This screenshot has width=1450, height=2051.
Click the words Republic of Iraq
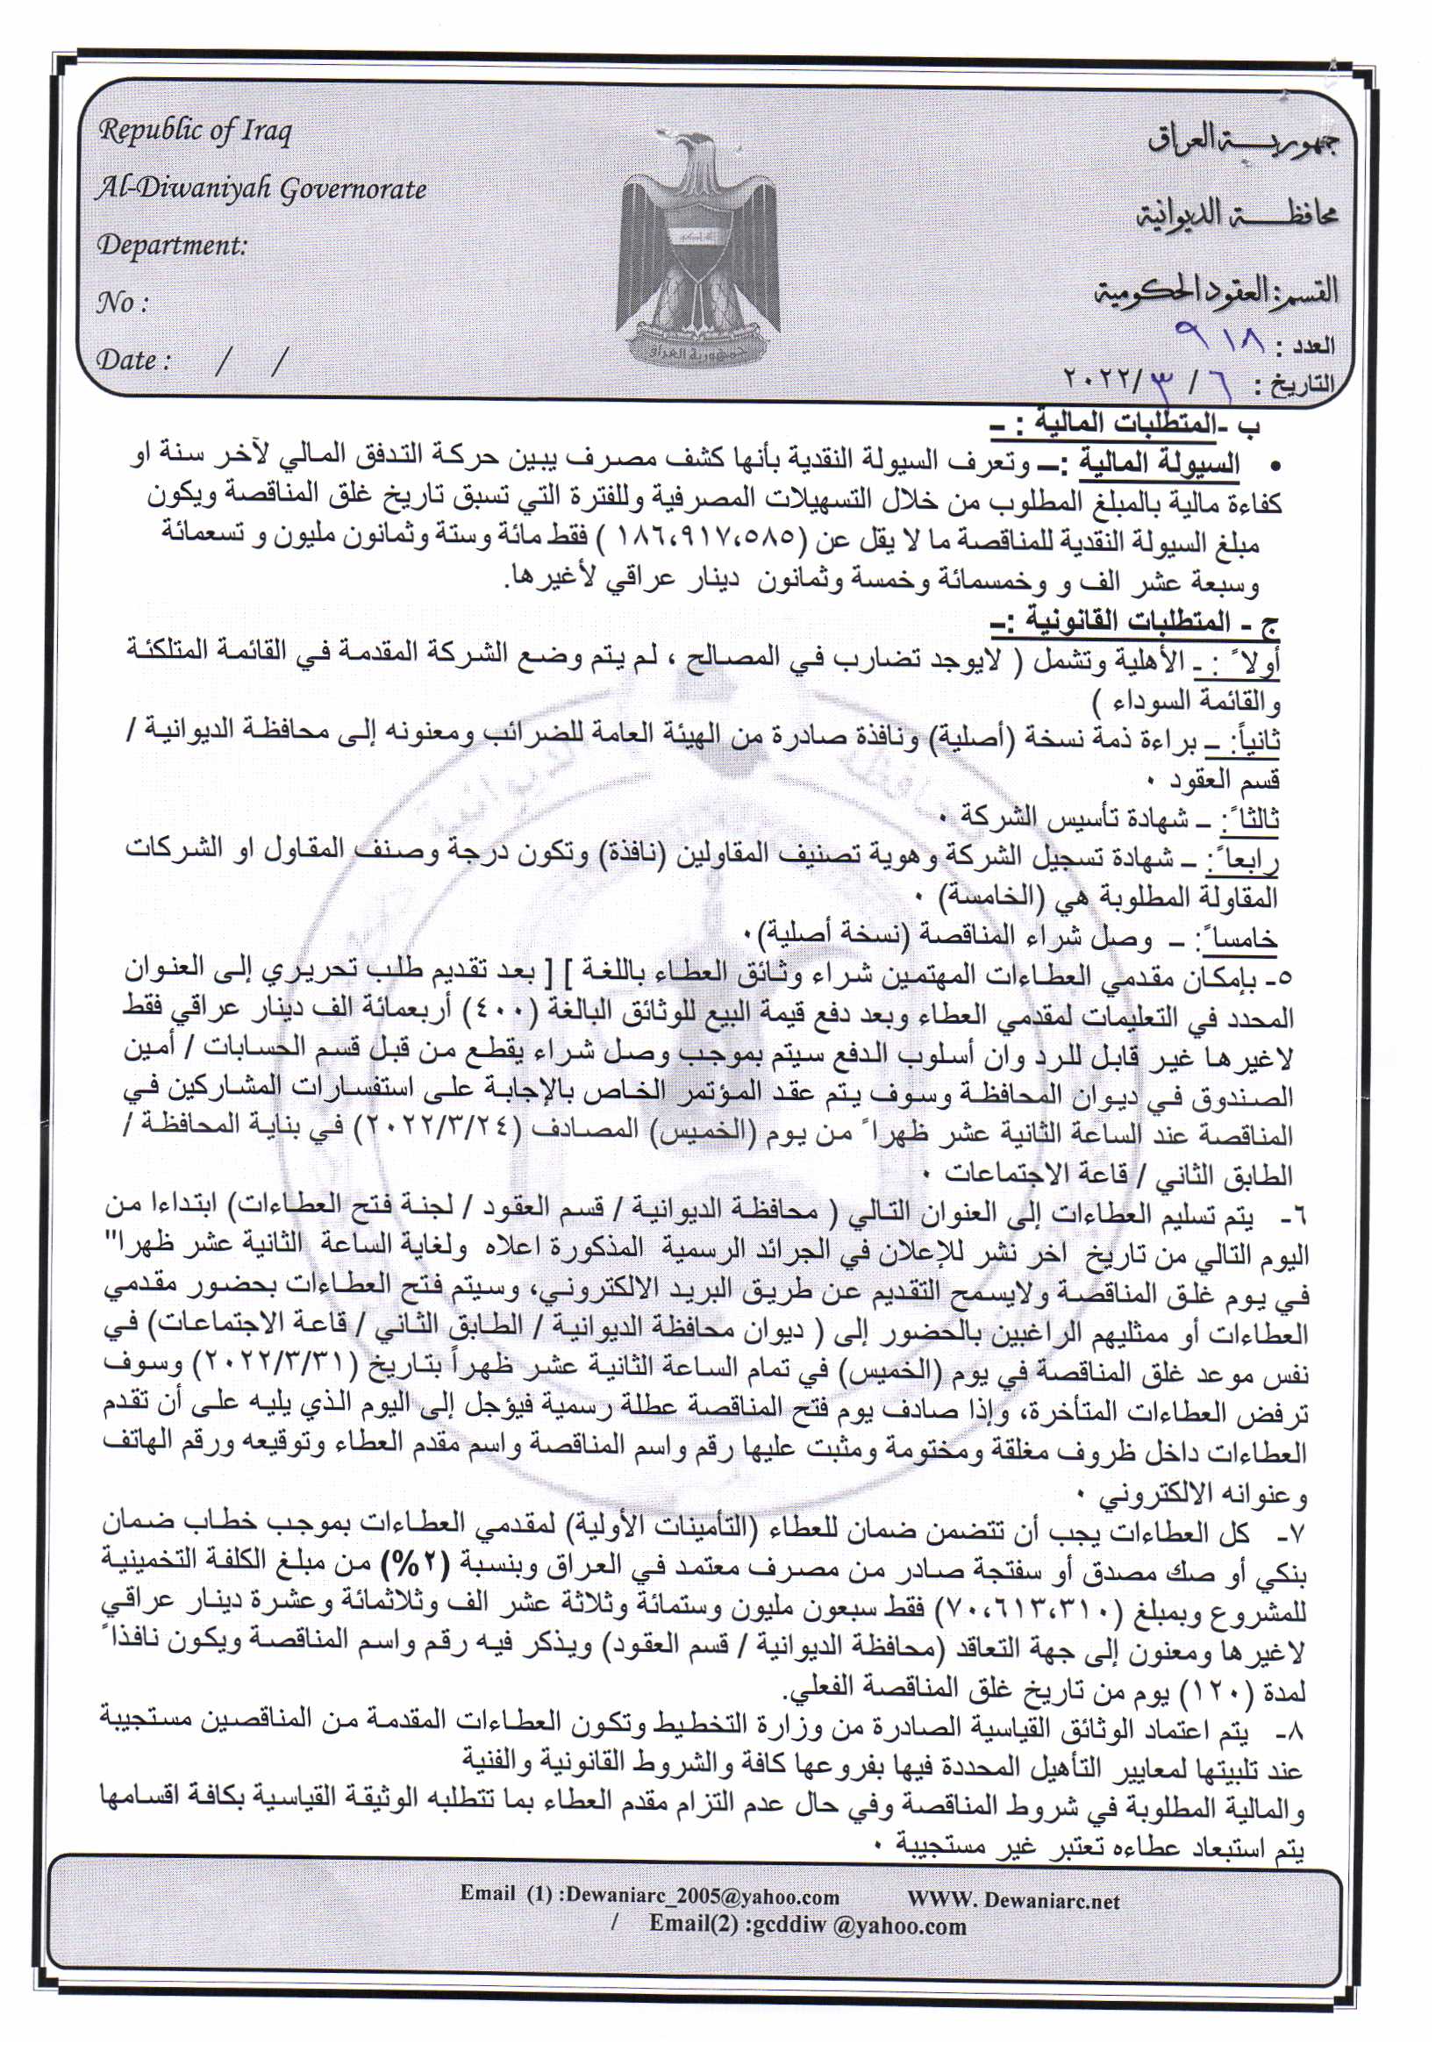pos(195,132)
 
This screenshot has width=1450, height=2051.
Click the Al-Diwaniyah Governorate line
pos(261,189)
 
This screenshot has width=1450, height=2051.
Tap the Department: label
pos(172,245)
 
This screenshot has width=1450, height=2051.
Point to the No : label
pos(122,303)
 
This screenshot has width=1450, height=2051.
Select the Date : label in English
pos(133,360)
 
